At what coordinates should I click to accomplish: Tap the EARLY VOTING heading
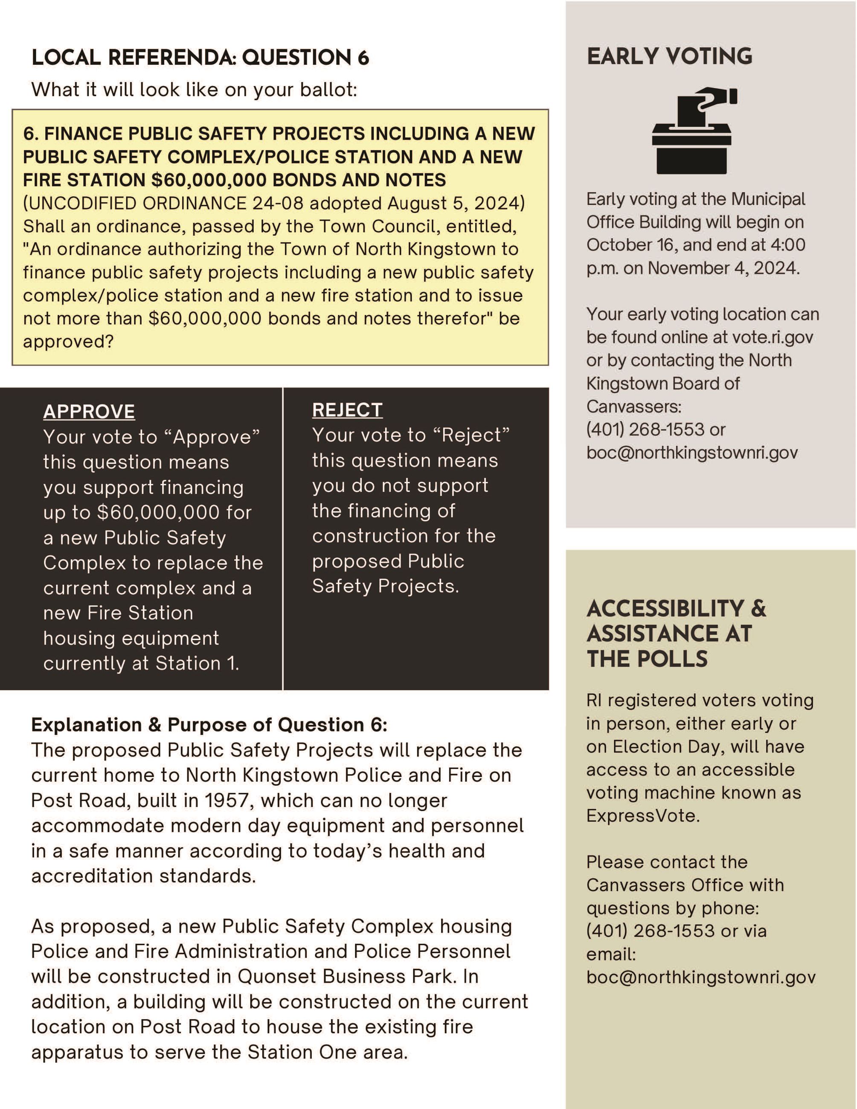tap(669, 56)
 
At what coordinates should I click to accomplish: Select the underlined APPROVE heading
tap(89, 411)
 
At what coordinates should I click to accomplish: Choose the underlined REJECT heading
tap(347, 410)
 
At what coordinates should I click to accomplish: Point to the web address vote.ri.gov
tap(772, 337)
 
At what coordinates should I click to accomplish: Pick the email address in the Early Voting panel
tap(691, 453)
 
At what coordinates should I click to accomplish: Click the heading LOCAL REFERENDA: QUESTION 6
tap(200, 58)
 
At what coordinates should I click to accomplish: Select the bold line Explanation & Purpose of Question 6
tap(209, 725)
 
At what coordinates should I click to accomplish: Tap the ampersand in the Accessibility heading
tap(758, 609)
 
